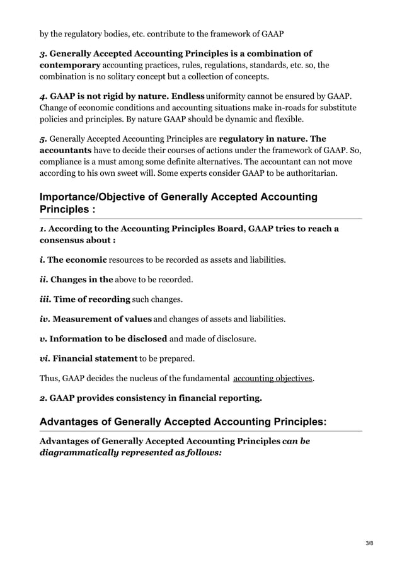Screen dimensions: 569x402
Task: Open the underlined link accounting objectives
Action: coord(273,378)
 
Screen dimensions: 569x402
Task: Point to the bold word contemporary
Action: coord(70,65)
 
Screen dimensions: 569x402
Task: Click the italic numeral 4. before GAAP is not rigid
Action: coord(43,96)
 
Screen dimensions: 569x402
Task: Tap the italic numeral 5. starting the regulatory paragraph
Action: coord(43,138)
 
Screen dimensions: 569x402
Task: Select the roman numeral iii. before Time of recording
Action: coord(46,299)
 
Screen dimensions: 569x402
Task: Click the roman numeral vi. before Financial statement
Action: coord(45,359)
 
